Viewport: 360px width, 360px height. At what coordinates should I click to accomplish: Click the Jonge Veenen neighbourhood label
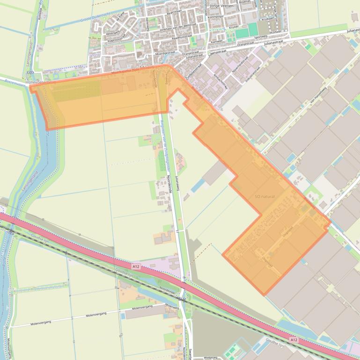click(221, 6)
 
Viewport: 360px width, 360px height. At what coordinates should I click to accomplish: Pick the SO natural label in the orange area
click(264, 197)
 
